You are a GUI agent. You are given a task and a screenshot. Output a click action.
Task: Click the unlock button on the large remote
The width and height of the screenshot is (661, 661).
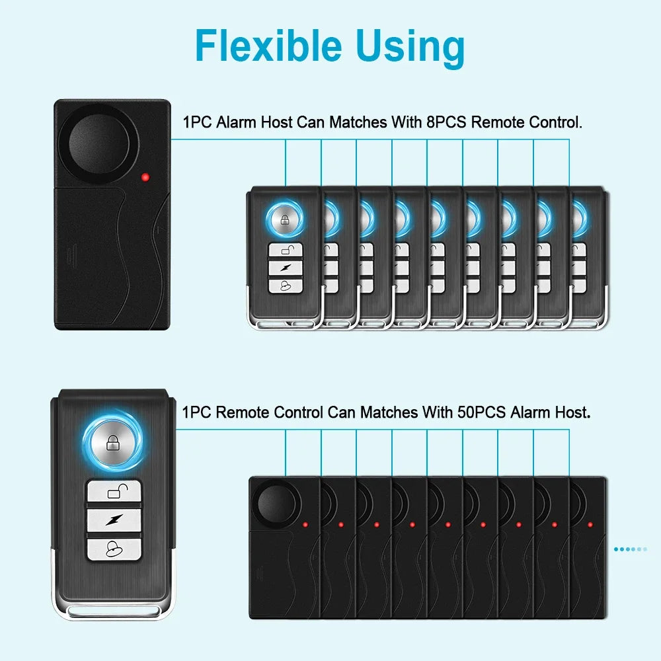tap(114, 491)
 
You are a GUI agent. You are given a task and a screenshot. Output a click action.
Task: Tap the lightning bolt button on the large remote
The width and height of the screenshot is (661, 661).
tap(114, 519)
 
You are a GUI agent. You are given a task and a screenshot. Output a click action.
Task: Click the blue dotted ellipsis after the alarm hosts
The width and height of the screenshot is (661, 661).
tap(631, 549)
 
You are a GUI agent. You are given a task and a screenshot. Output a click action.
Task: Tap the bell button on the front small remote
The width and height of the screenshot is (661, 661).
tap(285, 285)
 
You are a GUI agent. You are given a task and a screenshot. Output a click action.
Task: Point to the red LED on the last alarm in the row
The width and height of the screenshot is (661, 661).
tap(590, 525)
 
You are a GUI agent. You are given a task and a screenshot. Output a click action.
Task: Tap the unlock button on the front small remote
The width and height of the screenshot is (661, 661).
tap(285, 250)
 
